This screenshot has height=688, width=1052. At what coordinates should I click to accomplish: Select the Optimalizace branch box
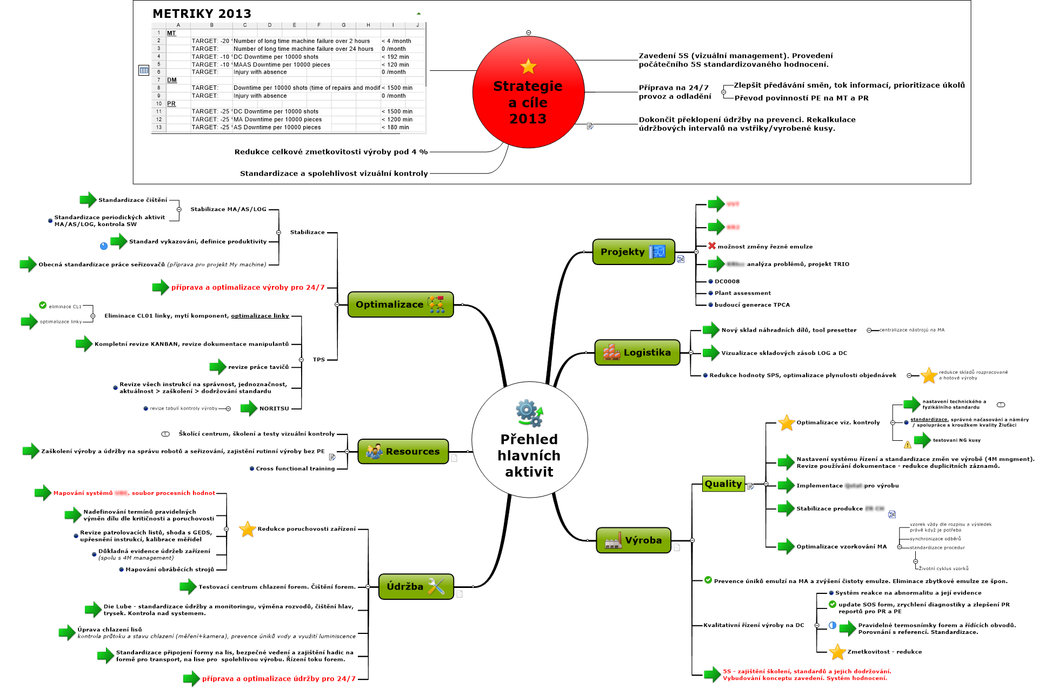(400, 305)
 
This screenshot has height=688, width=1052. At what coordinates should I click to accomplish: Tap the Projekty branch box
(633, 252)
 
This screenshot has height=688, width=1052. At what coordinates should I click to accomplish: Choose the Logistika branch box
(637, 353)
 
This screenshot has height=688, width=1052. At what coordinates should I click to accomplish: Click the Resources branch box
(403, 452)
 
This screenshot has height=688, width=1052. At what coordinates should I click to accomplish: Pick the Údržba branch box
(415, 587)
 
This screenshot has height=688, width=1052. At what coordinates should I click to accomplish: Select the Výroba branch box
(633, 540)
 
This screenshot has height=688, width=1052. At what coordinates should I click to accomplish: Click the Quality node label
(723, 484)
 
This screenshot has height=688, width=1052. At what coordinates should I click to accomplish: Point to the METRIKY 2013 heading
(202, 14)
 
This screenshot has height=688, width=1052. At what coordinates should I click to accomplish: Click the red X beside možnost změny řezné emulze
(712, 246)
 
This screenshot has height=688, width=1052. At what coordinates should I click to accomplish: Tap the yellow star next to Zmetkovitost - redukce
(837, 652)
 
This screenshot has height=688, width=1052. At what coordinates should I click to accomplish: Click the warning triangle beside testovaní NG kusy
(908, 445)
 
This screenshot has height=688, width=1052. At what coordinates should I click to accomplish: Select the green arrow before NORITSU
(249, 408)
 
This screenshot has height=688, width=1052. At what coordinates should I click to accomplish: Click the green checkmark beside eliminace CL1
(43, 306)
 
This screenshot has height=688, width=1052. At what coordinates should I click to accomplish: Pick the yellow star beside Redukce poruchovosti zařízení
(248, 529)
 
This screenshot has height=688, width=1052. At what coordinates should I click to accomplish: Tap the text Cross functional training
(295, 468)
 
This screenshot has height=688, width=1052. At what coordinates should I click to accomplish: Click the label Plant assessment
(743, 293)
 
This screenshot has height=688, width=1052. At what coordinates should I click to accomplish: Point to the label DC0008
(727, 281)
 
